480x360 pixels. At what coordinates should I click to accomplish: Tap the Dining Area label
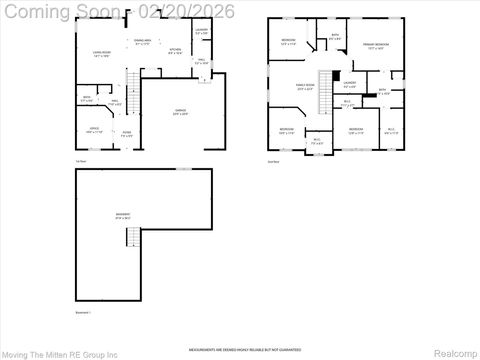click(x=143, y=42)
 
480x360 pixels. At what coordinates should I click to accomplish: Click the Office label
click(x=94, y=131)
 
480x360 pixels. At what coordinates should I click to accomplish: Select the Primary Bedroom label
click(x=375, y=48)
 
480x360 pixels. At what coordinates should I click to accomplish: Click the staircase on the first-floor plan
click(x=131, y=83)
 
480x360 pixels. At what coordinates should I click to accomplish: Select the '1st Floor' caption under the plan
click(x=80, y=160)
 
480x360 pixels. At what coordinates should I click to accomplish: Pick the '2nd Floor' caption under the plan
click(x=272, y=161)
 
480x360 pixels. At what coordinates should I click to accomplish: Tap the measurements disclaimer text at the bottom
click(x=239, y=337)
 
